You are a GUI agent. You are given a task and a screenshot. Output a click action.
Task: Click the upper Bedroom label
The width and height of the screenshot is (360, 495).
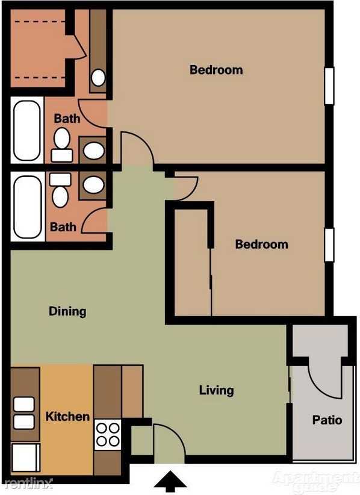(x=216, y=70)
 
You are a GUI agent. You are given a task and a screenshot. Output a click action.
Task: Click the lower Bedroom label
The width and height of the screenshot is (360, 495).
(x=261, y=244)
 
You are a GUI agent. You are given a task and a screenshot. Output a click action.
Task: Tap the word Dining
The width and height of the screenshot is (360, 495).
(x=67, y=311)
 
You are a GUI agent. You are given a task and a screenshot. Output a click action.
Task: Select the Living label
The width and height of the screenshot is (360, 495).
(x=216, y=390)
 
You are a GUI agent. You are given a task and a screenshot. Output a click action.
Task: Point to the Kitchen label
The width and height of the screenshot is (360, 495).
(x=67, y=416)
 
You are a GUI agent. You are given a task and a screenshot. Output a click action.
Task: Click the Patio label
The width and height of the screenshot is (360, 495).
(x=327, y=420)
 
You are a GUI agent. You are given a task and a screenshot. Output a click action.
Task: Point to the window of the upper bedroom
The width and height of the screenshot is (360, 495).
(x=329, y=86)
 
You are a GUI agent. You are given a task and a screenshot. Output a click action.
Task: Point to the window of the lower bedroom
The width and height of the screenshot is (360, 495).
(x=329, y=245)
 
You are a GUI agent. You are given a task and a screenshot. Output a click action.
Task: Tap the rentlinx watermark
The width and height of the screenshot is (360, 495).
(x=27, y=483)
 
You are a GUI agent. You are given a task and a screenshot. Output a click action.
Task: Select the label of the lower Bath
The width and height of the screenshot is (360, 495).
(x=63, y=227)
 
